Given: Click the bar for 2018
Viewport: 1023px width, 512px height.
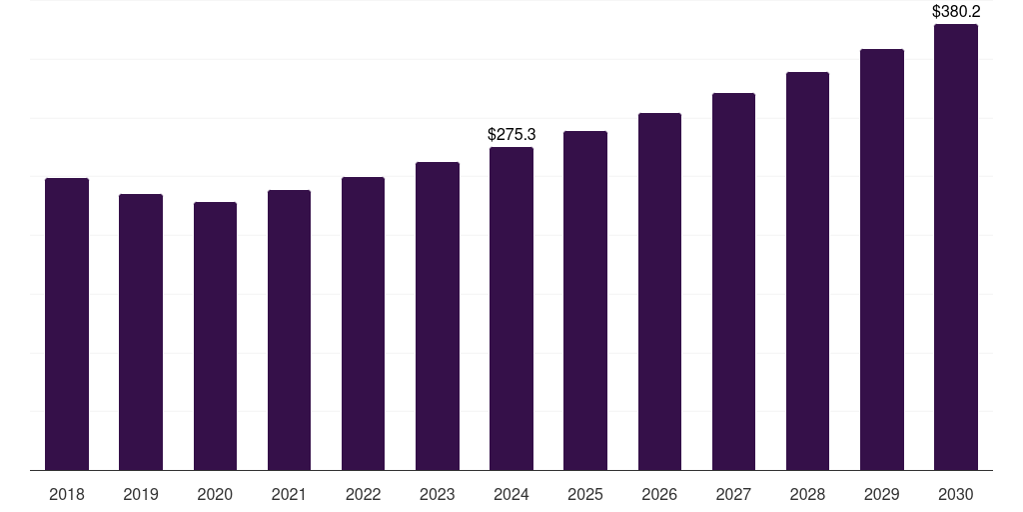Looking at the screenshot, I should coord(67,324).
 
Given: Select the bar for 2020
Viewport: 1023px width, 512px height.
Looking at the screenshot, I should coord(215,336).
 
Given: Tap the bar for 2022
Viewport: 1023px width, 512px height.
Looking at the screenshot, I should coord(363,323).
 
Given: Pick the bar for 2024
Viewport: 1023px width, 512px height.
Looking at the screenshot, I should coord(511,308).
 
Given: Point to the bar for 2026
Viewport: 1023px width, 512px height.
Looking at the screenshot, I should coord(659,291).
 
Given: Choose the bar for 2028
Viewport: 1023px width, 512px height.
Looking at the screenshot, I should coord(807,271).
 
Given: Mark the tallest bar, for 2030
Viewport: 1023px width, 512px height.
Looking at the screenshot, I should coord(956,247).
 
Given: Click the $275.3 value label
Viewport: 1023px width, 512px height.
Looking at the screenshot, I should coord(511,134).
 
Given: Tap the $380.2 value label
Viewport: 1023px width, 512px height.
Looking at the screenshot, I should coord(956,12).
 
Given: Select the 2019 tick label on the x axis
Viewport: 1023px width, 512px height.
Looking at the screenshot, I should coord(141,494).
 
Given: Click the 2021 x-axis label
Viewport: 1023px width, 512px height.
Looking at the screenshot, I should coord(289,494).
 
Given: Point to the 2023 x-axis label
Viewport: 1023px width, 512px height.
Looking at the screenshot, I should coord(438,494).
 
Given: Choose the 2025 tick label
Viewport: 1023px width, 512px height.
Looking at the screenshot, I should coord(585,494).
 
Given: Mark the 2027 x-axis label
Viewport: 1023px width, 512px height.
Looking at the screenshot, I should coord(733,494).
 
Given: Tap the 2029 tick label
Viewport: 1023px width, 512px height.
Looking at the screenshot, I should coord(882,494).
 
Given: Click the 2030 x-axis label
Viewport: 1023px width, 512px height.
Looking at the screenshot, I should coord(956,494).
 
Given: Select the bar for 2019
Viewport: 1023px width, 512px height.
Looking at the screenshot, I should coord(141,332).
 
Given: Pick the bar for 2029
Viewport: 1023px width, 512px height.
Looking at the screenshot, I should coord(882,259).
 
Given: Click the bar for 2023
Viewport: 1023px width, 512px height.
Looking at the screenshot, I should coord(438,316).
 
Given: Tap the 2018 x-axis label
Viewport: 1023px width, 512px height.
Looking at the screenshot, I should coord(67,494).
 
